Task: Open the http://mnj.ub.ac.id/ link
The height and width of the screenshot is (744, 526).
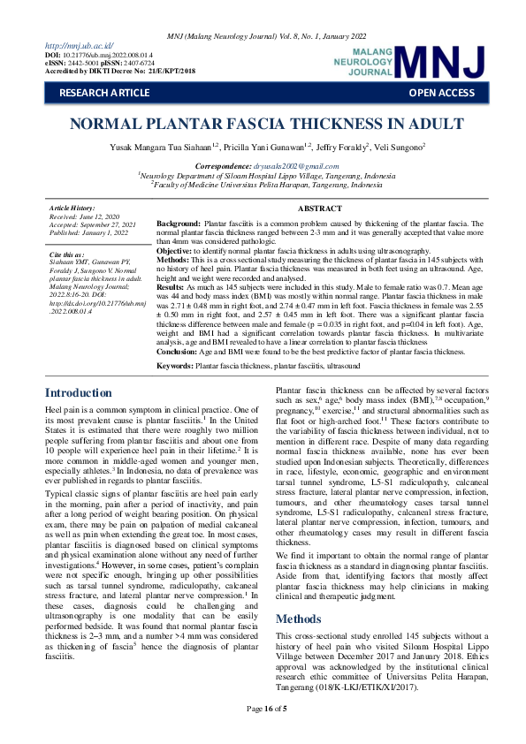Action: (79, 44)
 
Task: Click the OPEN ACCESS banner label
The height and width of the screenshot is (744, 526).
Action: (441, 92)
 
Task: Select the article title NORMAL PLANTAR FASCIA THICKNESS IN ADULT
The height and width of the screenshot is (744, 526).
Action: (263, 123)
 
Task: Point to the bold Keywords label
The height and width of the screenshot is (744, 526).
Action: (175, 364)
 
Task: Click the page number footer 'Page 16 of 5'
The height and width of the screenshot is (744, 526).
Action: (263, 733)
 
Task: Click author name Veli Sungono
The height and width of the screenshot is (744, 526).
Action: (399, 145)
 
